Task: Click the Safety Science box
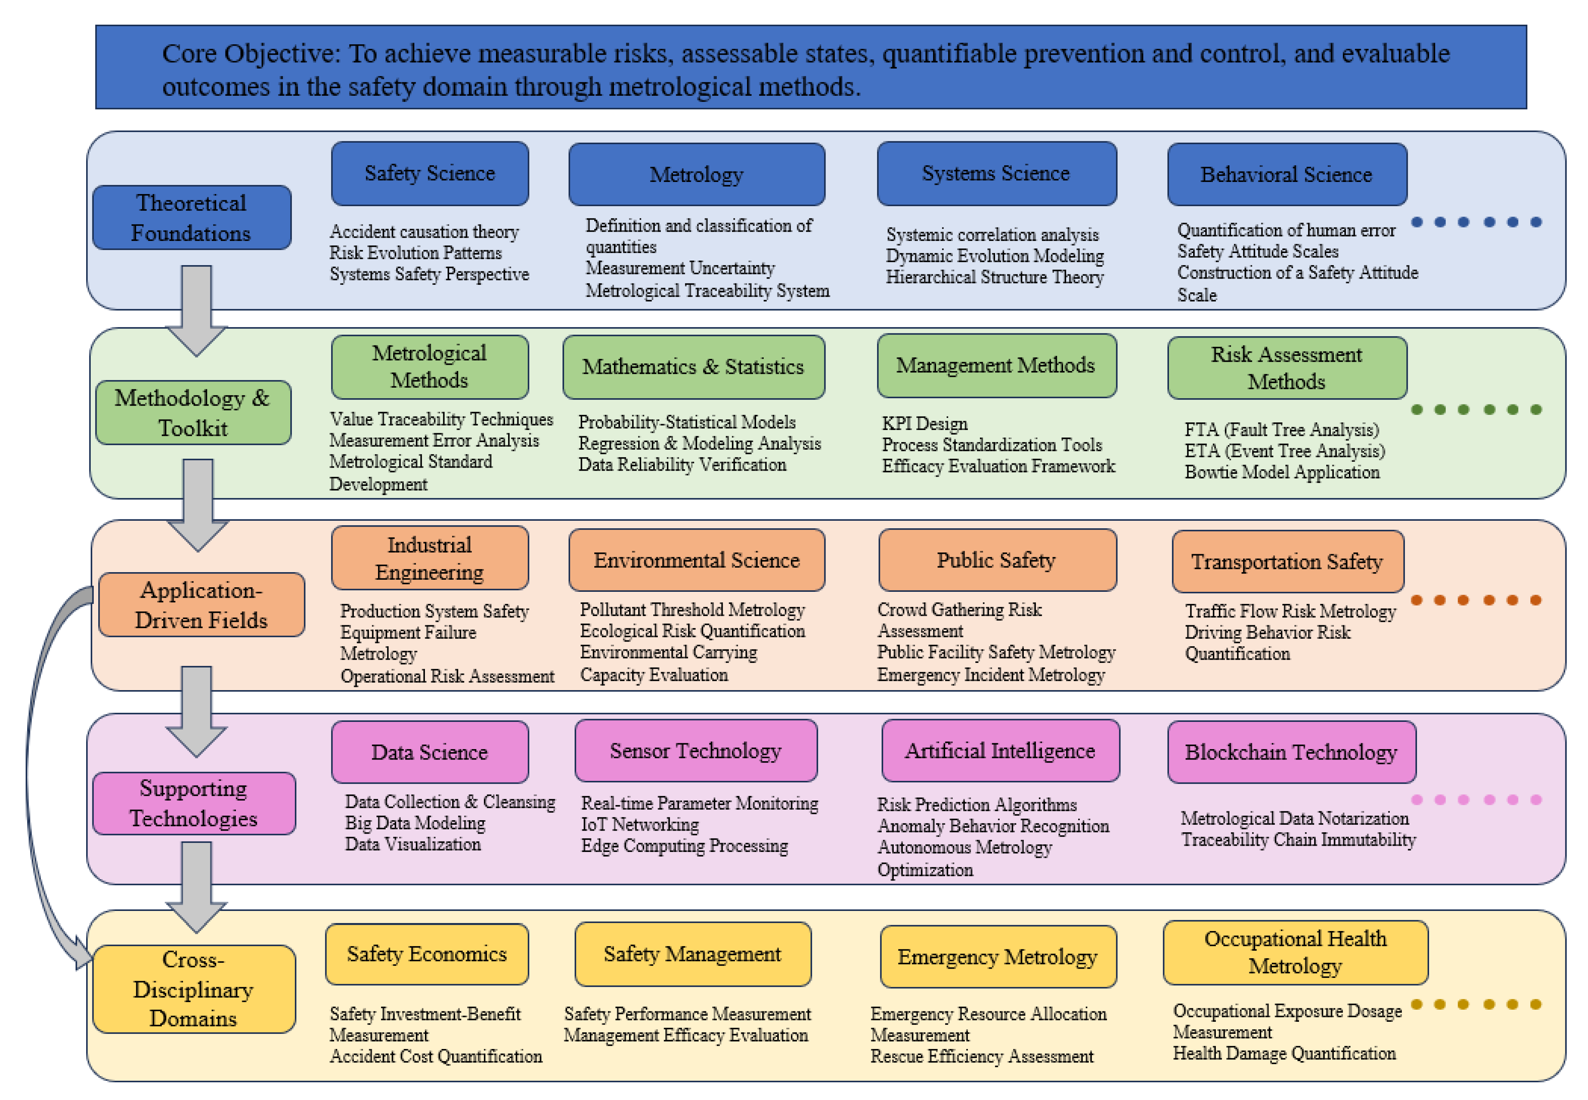[x=430, y=174]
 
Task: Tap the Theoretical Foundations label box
[x=192, y=218]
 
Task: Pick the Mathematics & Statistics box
[x=693, y=367]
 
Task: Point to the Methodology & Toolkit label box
[x=193, y=413]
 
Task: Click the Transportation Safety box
[x=1287, y=562]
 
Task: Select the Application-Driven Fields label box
[x=201, y=605]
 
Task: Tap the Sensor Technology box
[x=696, y=751]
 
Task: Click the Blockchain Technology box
[x=1291, y=752]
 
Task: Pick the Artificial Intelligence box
[x=1000, y=751]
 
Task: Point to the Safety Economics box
[x=427, y=954]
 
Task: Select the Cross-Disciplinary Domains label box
[x=194, y=989]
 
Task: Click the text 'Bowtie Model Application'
[x=1281, y=472]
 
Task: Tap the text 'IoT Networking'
[x=639, y=824]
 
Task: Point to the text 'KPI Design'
[x=924, y=424]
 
